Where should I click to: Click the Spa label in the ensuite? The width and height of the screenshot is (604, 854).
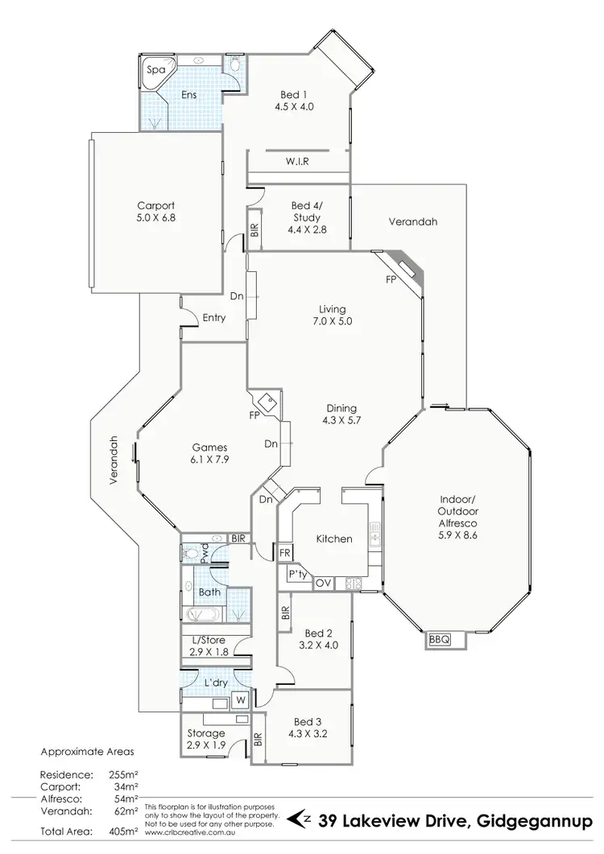(155, 70)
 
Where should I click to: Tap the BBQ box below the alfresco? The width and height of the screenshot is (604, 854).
(438, 639)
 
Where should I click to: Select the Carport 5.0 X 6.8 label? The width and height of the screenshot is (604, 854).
(155, 211)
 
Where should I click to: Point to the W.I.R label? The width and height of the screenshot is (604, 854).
(297, 162)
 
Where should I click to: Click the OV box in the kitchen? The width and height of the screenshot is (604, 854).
(324, 583)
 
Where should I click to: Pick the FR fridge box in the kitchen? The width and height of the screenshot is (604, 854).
(284, 554)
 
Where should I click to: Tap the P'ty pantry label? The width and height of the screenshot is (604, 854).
(295, 576)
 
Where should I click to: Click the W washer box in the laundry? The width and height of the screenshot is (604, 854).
(239, 700)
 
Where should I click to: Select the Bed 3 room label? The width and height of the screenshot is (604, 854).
(307, 727)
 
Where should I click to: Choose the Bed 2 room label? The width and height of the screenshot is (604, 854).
(312, 638)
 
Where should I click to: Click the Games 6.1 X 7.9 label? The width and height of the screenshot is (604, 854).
(209, 454)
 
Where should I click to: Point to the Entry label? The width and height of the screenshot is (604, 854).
(213, 318)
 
